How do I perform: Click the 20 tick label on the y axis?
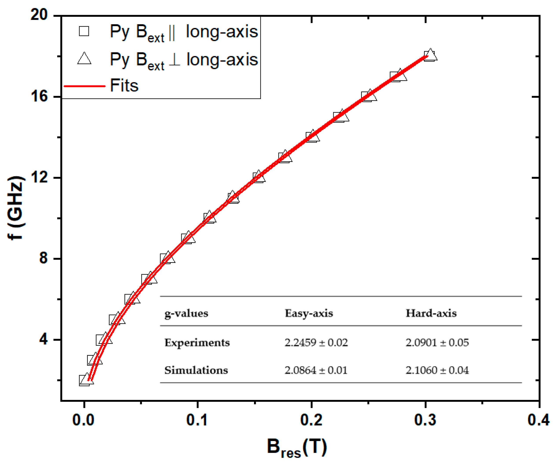[39, 15]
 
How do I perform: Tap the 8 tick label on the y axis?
[43, 258]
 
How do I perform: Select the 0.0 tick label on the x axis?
[83, 420]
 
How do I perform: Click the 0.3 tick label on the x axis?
[425, 420]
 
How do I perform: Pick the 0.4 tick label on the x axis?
[539, 420]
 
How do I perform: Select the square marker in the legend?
[84, 31]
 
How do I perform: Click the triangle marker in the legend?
[84, 59]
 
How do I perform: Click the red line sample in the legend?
[85, 86]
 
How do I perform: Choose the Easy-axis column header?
[309, 313]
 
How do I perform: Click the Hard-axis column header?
[431, 313]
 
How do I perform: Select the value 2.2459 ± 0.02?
[316, 342]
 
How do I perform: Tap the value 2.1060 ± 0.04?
[437, 370]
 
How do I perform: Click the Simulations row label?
[196, 370]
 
